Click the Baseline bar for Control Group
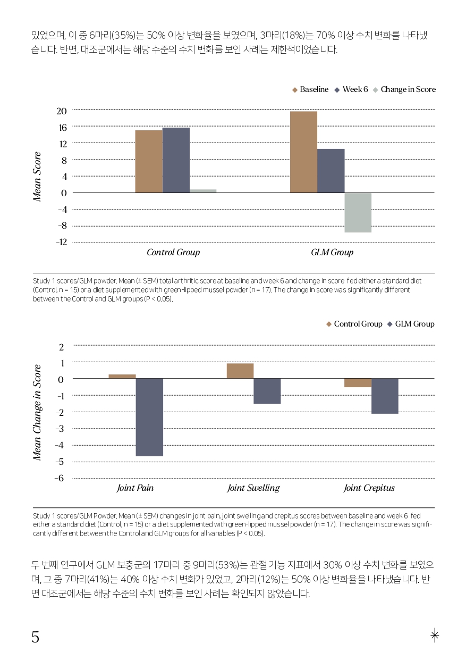pyautogui.click(x=149, y=162)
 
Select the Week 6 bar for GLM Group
pyautogui.click(x=331, y=171)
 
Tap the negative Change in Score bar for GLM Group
pyautogui.click(x=358, y=212)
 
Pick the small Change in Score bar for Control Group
pyautogui.click(x=203, y=191)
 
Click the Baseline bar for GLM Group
pyautogui.click(x=304, y=152)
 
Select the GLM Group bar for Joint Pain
pyautogui.click(x=149, y=417)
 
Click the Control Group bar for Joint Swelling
pyautogui.click(x=240, y=371)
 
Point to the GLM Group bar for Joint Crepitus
pyautogui.click(x=385, y=396)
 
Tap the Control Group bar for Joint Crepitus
pyautogui.click(x=358, y=383)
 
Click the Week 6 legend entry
pyautogui.click(x=351, y=89)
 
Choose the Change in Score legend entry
pyautogui.click(x=404, y=89)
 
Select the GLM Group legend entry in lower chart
pyautogui.click(x=411, y=324)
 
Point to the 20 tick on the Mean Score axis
pyautogui.click(x=62, y=111)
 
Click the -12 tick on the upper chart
pyautogui.click(x=62, y=242)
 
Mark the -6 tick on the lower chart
pyautogui.click(x=59, y=478)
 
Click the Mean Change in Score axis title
pyautogui.click(x=37, y=413)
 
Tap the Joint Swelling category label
pyautogui.click(x=253, y=488)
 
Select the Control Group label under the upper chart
pyautogui.click(x=173, y=252)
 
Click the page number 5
pyautogui.click(x=35, y=637)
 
